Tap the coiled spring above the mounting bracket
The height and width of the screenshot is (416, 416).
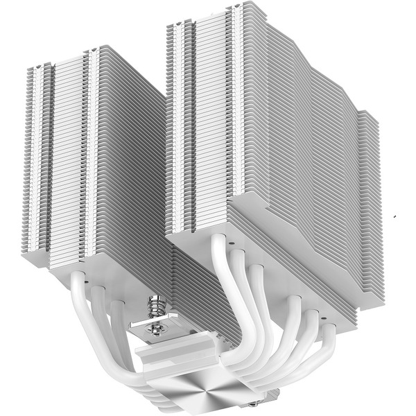click(x=157, y=304)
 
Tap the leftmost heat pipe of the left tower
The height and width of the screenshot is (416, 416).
click(x=78, y=305)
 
